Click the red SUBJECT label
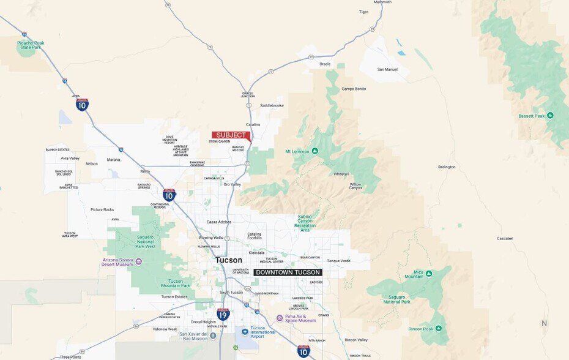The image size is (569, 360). [231, 135]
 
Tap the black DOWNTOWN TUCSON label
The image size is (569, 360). [288, 272]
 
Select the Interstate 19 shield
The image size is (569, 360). [223, 315]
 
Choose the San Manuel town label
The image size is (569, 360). [387, 69]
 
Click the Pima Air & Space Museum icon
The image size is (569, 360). [280, 318]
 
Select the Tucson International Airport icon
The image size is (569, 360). [245, 332]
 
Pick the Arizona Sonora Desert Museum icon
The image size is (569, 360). [139, 261]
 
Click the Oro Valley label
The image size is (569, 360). [232, 184]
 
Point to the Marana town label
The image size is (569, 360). [114, 160]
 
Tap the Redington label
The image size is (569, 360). [447, 167]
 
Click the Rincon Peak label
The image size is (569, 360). [421, 328]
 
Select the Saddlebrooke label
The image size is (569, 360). [272, 105]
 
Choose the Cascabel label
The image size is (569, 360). [505, 238]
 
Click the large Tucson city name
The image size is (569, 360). [228, 260]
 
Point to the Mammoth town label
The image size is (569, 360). [382, 2]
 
